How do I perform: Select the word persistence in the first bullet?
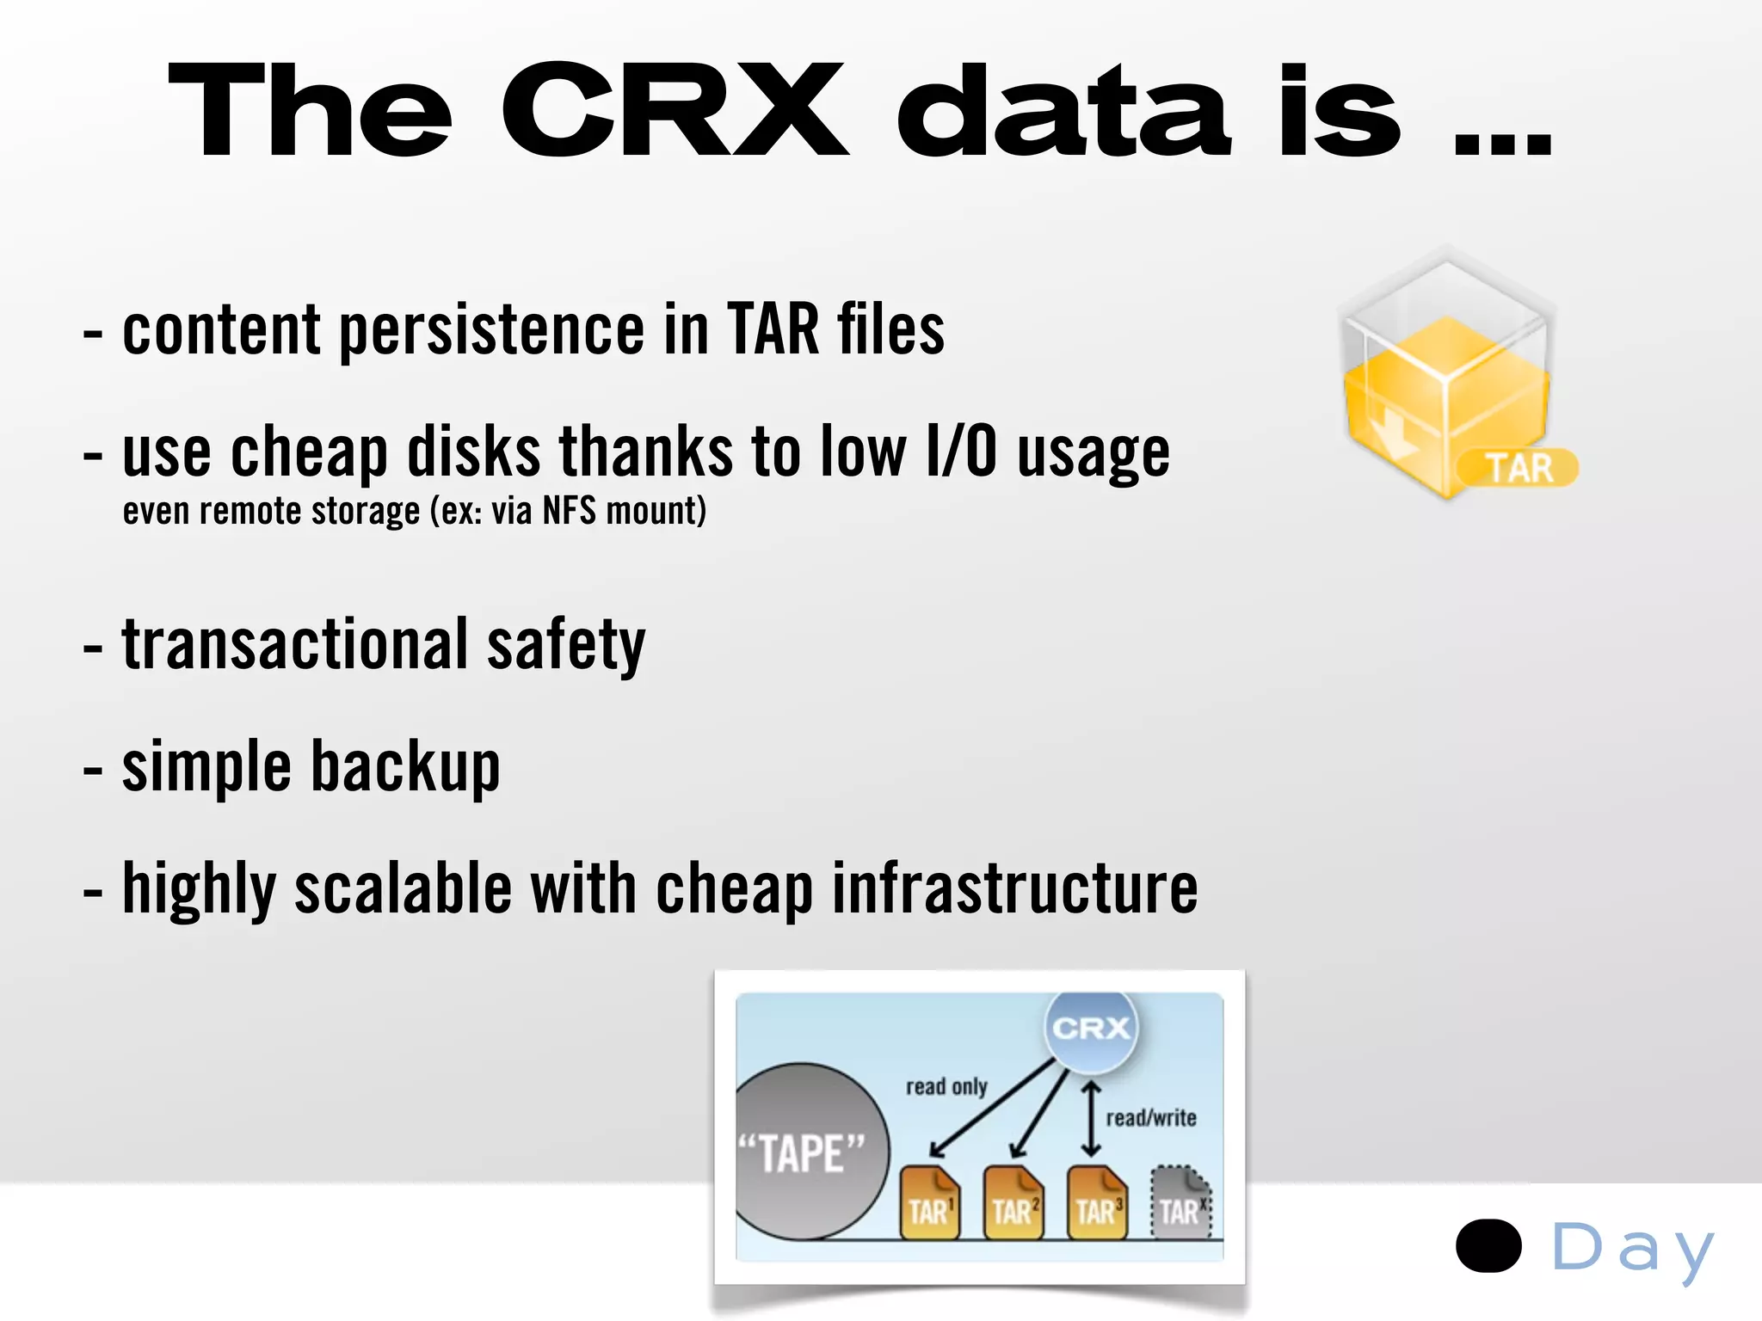pyautogui.click(x=491, y=330)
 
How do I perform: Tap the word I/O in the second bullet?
pyautogui.click(x=961, y=452)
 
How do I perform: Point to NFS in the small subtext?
pyautogui.click(x=569, y=511)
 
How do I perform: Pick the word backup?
pyautogui.click(x=405, y=766)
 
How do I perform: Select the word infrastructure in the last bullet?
pyautogui.click(x=1014, y=888)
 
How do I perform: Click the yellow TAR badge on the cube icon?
pyautogui.click(x=1519, y=469)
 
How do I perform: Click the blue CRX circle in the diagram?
pyautogui.click(x=1091, y=1028)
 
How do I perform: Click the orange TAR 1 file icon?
pyautogui.click(x=929, y=1204)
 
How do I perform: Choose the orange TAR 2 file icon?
pyautogui.click(x=1013, y=1204)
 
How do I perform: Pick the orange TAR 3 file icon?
pyautogui.click(x=1096, y=1204)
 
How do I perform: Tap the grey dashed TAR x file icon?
pyautogui.click(x=1180, y=1204)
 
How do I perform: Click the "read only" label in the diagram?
pyautogui.click(x=946, y=1087)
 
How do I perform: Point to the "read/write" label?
pyautogui.click(x=1151, y=1118)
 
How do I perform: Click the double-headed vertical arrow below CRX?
pyautogui.click(x=1091, y=1119)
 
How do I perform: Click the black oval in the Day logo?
pyautogui.click(x=1488, y=1245)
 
